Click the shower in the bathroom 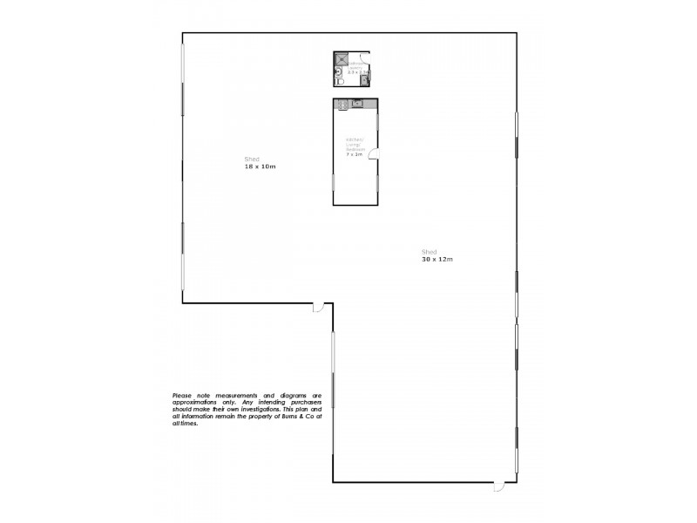[x=342, y=60]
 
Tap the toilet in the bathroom [x=341, y=82]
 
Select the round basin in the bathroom [x=338, y=72]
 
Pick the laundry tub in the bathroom [x=365, y=81]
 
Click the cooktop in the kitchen [x=342, y=105]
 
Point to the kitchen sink [x=357, y=105]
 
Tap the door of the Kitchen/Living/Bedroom [x=373, y=155]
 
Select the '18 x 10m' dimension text [x=260, y=166]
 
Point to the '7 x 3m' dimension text [x=354, y=153]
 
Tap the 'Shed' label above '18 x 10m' [x=252, y=159]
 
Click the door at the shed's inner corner [x=319, y=307]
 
